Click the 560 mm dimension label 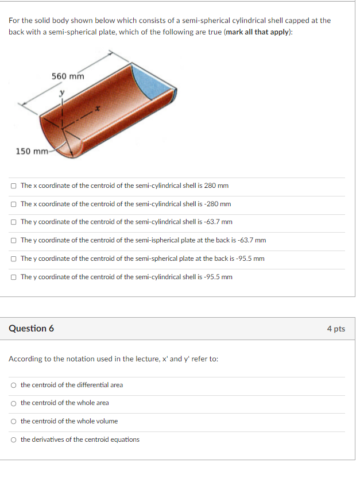[x=68, y=76]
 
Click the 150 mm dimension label [x=32, y=152]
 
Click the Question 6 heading [x=31, y=329]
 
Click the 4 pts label [x=336, y=329]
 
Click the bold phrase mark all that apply [x=258, y=32]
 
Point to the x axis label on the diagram [x=98, y=109]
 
